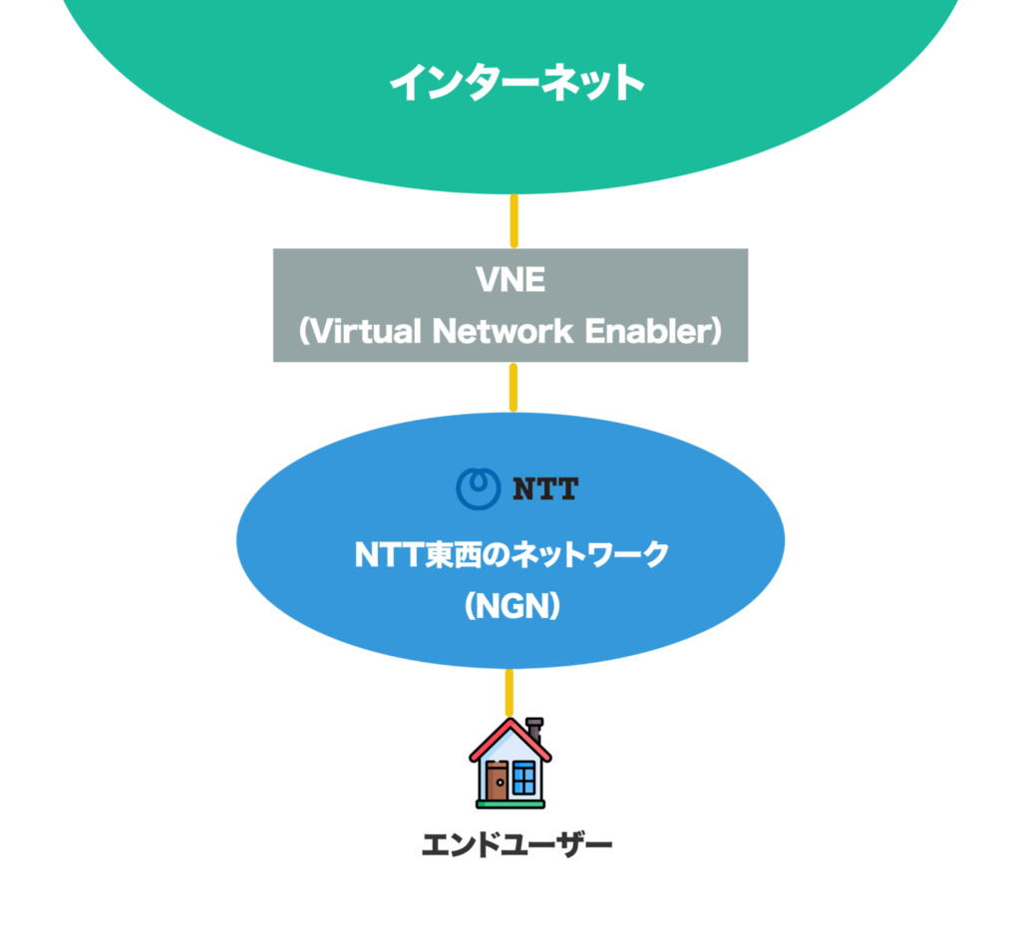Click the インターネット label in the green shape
click(516, 82)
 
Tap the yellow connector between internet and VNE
click(513, 220)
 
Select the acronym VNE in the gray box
click(510, 280)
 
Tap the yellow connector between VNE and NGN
click(513, 388)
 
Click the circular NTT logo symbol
click(477, 487)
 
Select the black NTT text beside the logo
click(544, 488)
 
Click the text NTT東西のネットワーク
click(510, 555)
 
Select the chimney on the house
click(534, 727)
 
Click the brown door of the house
click(497, 780)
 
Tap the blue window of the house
click(524, 777)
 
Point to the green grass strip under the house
click(510, 801)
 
